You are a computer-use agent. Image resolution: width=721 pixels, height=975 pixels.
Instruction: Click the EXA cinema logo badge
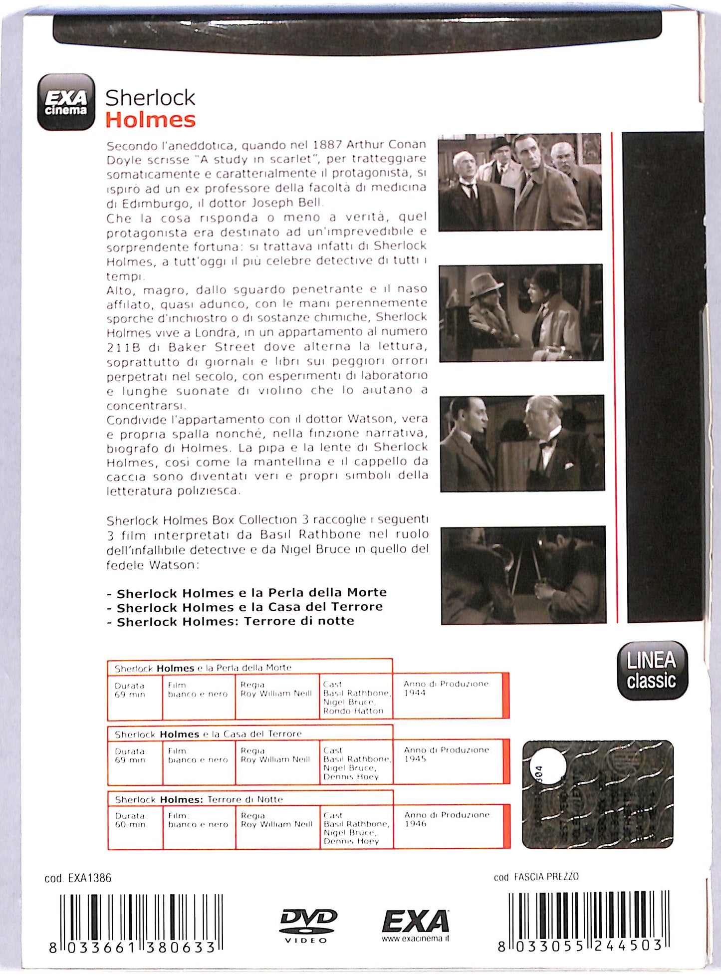66,102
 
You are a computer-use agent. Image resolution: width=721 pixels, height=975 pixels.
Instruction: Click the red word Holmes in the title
150,120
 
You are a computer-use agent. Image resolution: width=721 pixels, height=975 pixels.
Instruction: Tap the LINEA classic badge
652,670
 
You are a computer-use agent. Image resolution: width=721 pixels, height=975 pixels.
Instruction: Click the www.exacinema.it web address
415,939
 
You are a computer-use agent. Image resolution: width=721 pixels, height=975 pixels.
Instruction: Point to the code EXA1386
78,878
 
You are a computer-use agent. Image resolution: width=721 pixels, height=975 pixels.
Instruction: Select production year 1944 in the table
415,693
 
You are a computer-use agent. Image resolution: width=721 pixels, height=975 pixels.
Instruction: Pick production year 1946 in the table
415,823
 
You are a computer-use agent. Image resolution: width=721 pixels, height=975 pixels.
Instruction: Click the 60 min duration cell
130,824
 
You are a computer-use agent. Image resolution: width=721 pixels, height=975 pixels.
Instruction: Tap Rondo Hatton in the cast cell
353,711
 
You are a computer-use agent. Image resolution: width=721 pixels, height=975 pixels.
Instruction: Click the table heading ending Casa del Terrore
208,734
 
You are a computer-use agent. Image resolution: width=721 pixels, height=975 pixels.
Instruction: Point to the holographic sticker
597,794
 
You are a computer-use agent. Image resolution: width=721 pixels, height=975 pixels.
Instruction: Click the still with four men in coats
520,182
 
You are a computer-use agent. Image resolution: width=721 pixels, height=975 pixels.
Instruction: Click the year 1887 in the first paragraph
327,145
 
